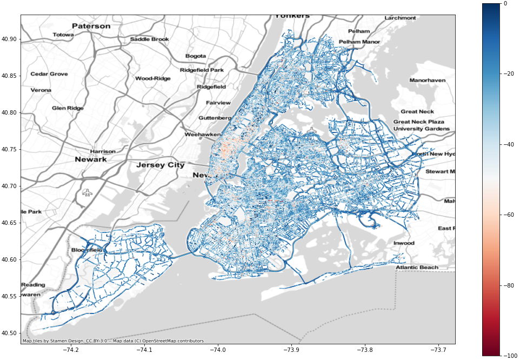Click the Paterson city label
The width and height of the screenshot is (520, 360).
click(91, 26)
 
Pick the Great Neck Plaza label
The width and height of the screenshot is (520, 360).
click(418, 122)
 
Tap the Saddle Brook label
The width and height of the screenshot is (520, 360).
click(149, 39)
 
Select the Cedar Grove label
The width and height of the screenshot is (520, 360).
click(49, 74)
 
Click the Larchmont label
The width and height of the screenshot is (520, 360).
click(400, 18)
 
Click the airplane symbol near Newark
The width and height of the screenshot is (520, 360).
click(87, 192)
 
